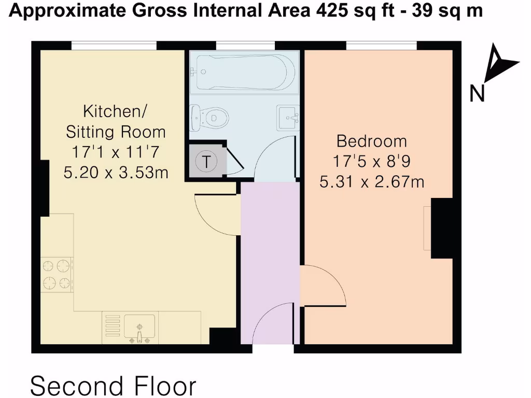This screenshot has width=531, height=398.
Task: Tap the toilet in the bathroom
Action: point(210,118)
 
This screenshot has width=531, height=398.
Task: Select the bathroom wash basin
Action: point(288,117)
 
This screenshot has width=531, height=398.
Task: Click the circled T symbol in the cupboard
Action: point(207,162)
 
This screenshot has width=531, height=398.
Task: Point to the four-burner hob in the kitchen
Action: point(56,275)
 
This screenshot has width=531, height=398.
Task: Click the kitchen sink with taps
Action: point(139,330)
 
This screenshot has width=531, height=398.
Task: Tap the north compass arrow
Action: point(501,66)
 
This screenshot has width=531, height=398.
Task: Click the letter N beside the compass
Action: point(477,94)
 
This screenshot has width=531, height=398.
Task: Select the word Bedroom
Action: point(372,141)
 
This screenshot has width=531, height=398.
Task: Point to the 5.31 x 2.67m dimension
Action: point(372,182)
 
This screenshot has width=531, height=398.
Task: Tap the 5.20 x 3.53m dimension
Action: point(116,173)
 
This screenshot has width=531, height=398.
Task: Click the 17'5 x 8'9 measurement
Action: point(372,162)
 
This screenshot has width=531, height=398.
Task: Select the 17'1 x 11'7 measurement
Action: point(116,153)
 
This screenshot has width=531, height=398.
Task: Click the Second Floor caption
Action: point(114,386)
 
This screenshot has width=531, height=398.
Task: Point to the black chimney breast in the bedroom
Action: point(442,228)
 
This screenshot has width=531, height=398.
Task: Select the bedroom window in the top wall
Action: point(381,46)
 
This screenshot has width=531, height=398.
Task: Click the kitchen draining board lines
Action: point(113,325)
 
